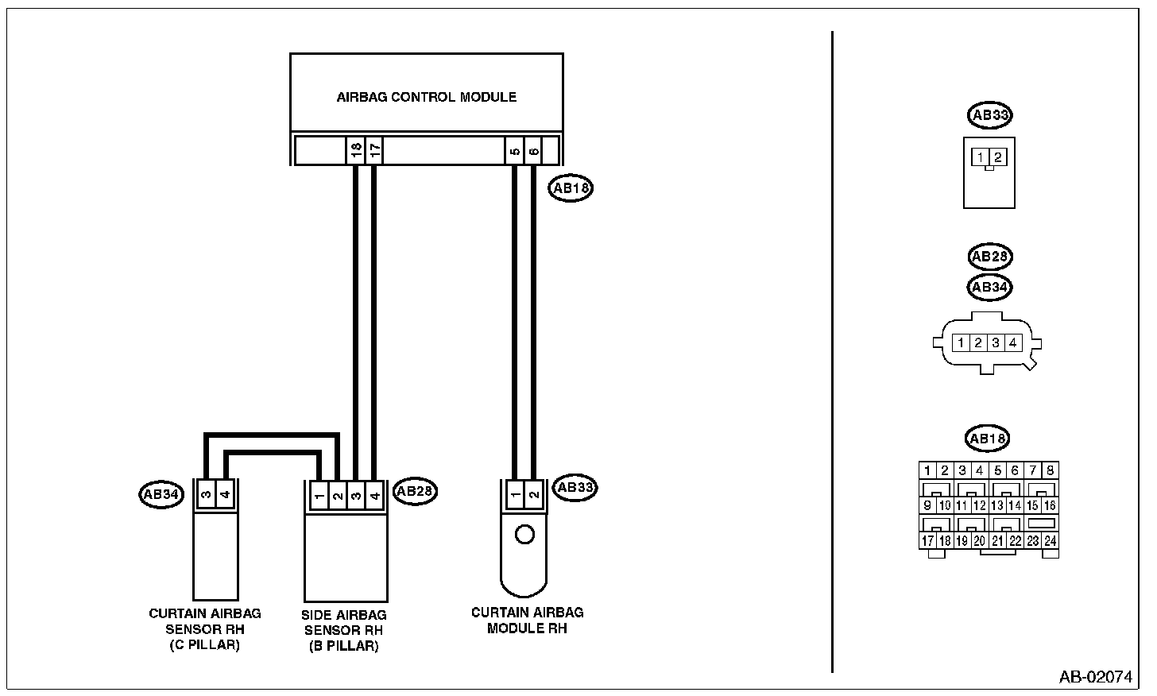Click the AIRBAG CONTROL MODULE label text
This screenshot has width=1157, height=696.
pos(426,97)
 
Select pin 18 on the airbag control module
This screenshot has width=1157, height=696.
pos(356,149)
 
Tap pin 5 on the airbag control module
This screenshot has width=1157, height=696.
pos(515,149)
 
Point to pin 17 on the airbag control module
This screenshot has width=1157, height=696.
pos(375,149)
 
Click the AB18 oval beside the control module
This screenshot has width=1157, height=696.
pos(571,188)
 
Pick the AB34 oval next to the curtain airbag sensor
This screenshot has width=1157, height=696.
pos(161,494)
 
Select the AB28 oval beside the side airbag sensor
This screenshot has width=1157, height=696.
pos(415,491)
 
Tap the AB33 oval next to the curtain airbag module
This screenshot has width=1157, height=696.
pos(576,487)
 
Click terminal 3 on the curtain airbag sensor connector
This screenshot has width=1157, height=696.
pos(206,495)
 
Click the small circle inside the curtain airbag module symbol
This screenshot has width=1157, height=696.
pos(524,534)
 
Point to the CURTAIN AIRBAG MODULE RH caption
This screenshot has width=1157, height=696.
pos(527,620)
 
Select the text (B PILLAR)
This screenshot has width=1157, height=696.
pos(343,646)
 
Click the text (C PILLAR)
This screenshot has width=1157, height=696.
pos(204,644)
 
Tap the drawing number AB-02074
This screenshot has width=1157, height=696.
pos(1094,677)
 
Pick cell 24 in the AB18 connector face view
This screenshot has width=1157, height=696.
pos(1050,541)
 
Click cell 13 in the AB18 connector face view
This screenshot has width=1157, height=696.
pos(997,505)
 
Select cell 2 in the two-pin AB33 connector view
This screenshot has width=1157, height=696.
pos(997,157)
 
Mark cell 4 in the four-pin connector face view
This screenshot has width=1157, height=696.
pos(1012,343)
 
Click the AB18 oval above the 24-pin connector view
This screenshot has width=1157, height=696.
pos(987,438)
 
